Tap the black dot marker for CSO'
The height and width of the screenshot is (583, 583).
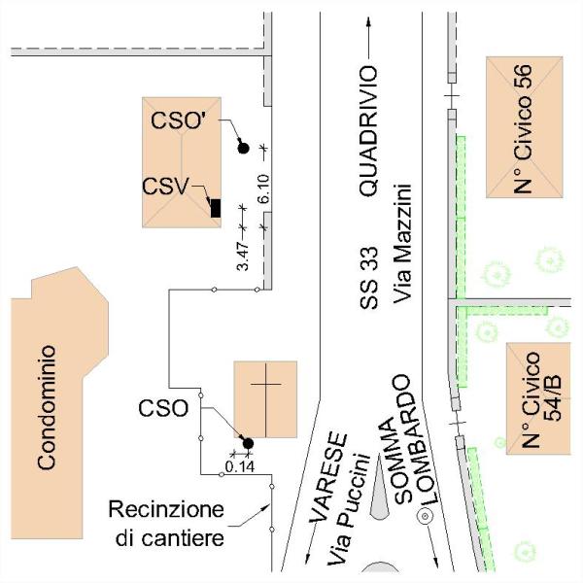[243, 148]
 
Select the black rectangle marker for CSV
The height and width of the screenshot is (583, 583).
[216, 208]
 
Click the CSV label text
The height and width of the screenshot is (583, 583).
[165, 187]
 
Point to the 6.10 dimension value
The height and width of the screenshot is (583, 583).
[263, 189]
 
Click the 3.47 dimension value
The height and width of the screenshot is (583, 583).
[243, 257]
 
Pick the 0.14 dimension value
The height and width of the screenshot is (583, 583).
[240, 466]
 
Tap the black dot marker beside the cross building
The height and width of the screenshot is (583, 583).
[248, 443]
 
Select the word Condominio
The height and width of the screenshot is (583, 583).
[47, 407]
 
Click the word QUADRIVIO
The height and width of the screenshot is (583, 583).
[368, 131]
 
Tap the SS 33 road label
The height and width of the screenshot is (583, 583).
[369, 278]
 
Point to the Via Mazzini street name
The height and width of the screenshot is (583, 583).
[402, 244]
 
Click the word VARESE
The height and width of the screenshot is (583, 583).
[328, 477]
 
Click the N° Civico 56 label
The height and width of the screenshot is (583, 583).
[523, 128]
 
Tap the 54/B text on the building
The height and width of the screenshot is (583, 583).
[553, 397]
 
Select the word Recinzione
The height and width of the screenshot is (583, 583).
[166, 510]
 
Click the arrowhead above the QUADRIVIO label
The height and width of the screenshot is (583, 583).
[368, 21]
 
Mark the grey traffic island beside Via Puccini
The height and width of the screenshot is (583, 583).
[379, 487]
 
